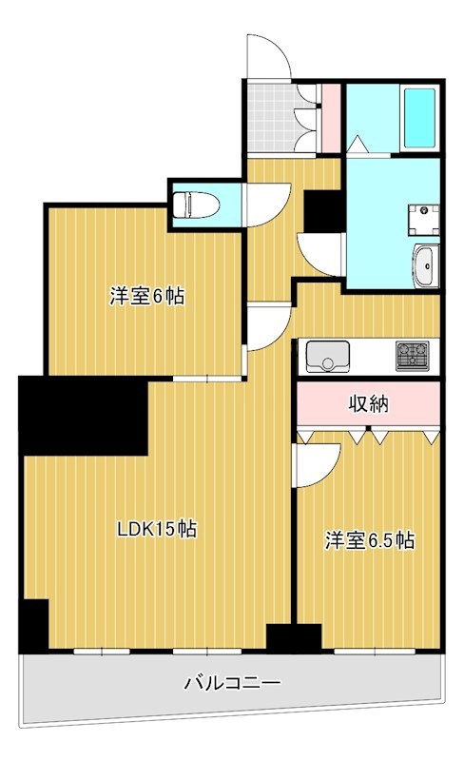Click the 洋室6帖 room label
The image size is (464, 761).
(145, 296)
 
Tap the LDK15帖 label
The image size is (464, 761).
(157, 530)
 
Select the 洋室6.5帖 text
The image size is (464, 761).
(370, 541)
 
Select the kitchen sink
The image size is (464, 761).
(328, 357)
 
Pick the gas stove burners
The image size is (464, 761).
(414, 355)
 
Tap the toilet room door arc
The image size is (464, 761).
(263, 201)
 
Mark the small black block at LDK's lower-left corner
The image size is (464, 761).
(33, 626)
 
